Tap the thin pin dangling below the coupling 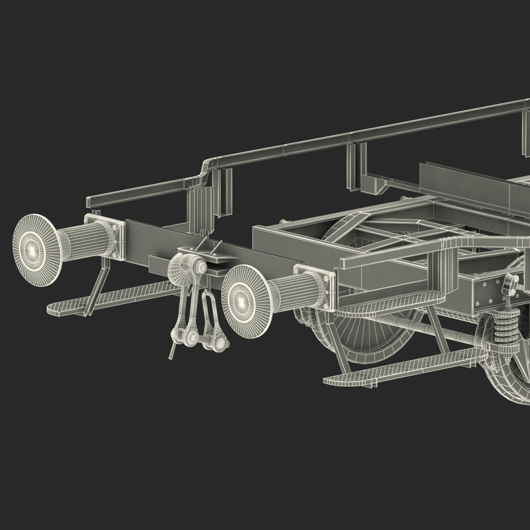[x=174, y=348]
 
